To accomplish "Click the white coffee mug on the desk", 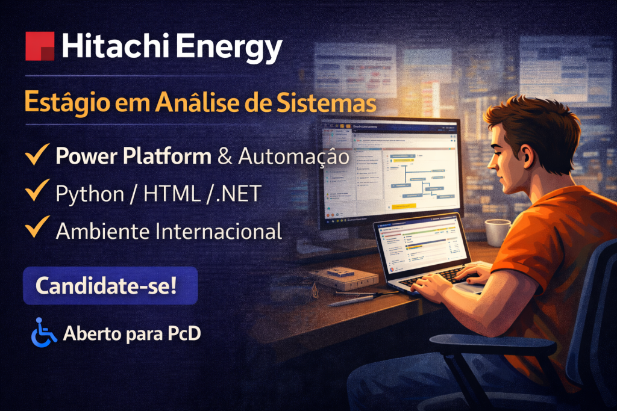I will (497, 232).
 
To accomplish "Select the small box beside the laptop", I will (343, 277).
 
